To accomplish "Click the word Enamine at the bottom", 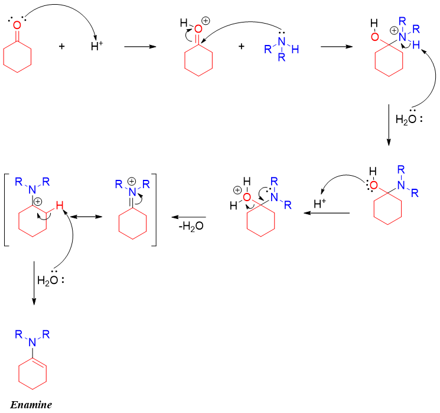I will pos(34,405).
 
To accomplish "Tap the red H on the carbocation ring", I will pos(57,206).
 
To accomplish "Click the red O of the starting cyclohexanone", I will pos(17,25).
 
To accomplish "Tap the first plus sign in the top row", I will pos(61,46).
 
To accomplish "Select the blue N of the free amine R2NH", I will pos(281,40).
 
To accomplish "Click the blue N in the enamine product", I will pos(34,342).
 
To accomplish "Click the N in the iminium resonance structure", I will pos(132,191).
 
